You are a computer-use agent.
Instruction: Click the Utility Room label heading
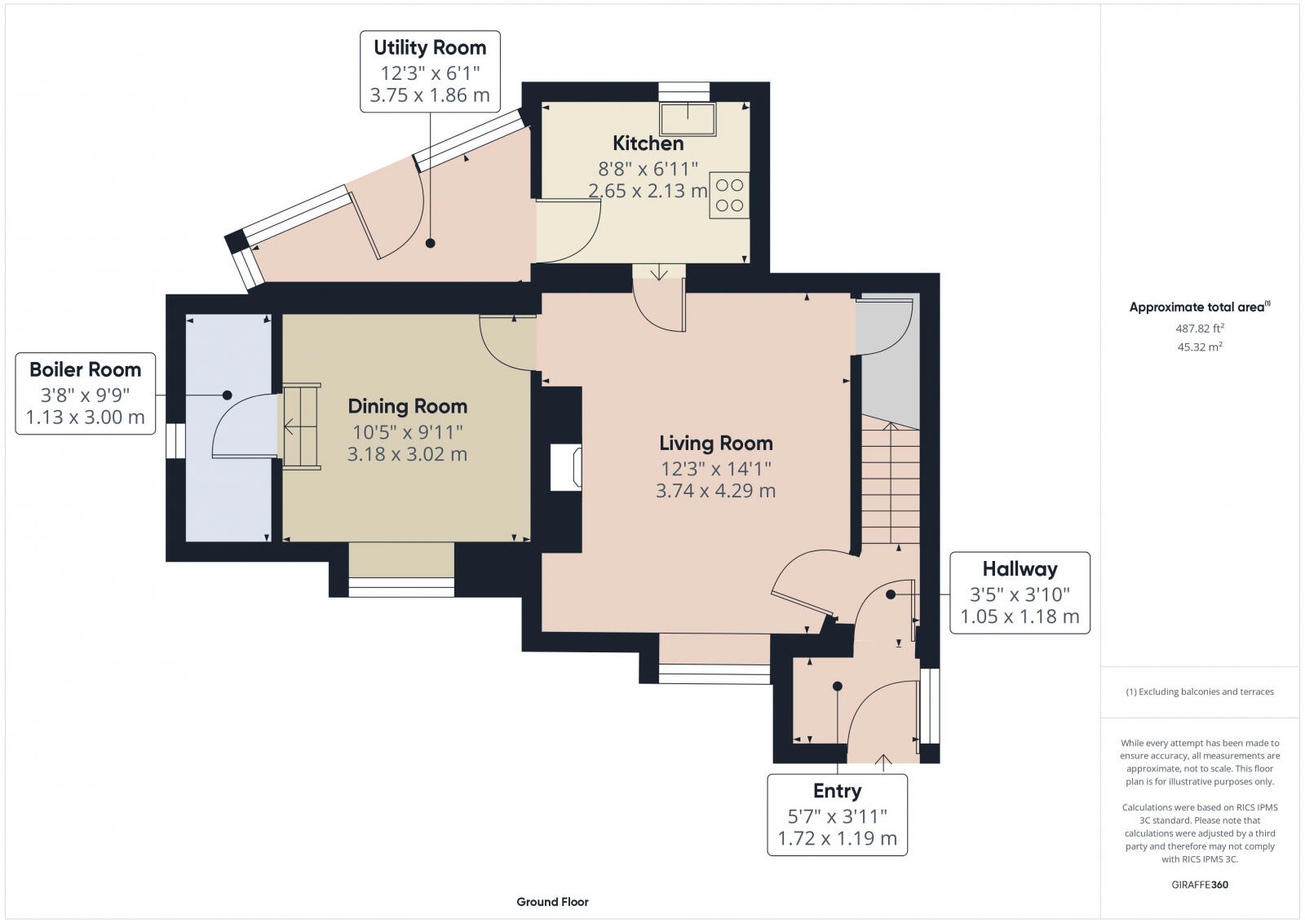(x=430, y=48)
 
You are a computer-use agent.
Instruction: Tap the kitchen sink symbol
(x=688, y=119)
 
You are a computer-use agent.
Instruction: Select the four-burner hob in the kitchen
(x=729, y=195)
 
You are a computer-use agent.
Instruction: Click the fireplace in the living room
(x=566, y=467)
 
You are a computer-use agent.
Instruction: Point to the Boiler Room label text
(x=86, y=370)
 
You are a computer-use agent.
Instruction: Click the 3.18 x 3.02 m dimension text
(x=407, y=454)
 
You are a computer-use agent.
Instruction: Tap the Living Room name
(x=716, y=444)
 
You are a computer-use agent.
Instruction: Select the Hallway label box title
(x=1020, y=569)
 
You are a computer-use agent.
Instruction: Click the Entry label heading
(x=837, y=791)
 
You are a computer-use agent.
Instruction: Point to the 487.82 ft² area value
(x=1200, y=329)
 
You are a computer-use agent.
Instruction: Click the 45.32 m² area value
(x=1200, y=347)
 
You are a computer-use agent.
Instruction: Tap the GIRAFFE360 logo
(x=1200, y=885)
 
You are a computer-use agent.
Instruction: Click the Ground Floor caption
(x=552, y=902)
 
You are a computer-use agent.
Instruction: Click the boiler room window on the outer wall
(x=175, y=441)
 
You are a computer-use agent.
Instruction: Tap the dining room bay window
(x=401, y=587)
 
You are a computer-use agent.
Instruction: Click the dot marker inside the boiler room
(x=227, y=395)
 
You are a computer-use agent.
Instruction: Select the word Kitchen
(x=648, y=144)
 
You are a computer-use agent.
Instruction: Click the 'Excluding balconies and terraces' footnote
(x=1200, y=691)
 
